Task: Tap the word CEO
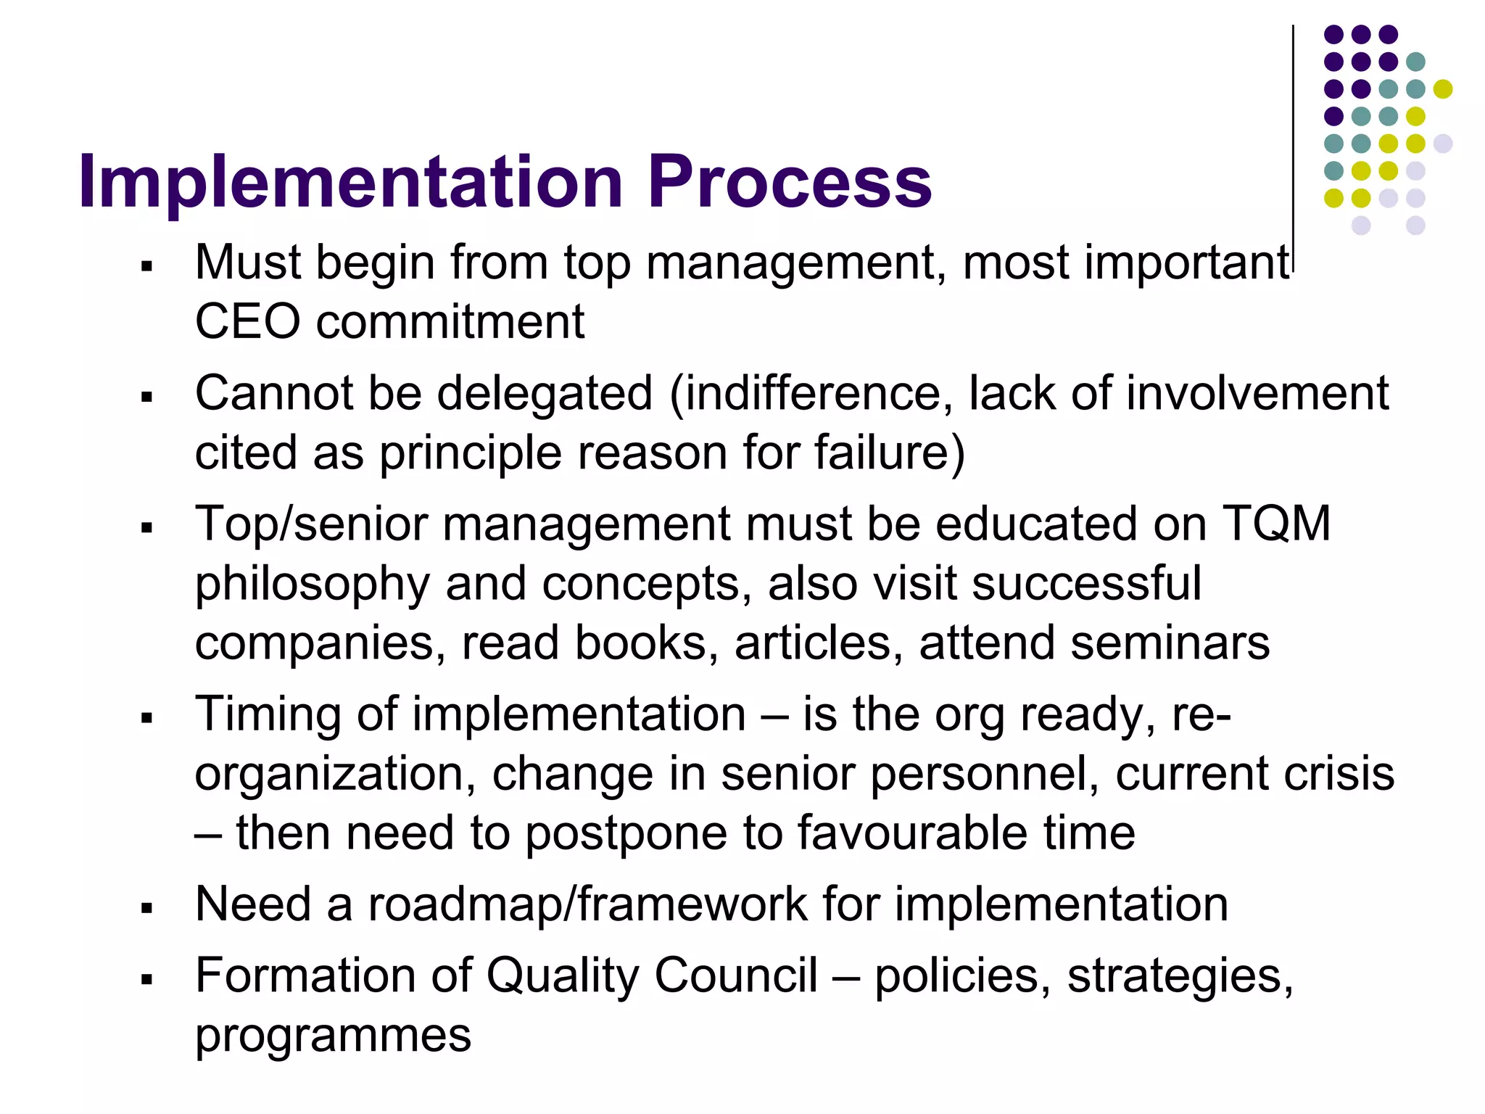pyautogui.click(x=247, y=321)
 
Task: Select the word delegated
pyautogui.click(x=545, y=394)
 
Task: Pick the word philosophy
pyautogui.click(x=313, y=585)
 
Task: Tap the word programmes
pyautogui.click(x=333, y=1036)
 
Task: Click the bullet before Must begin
pyautogui.click(x=148, y=267)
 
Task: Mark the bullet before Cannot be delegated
pyautogui.click(x=148, y=397)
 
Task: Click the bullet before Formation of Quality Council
pyautogui.click(x=148, y=980)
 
